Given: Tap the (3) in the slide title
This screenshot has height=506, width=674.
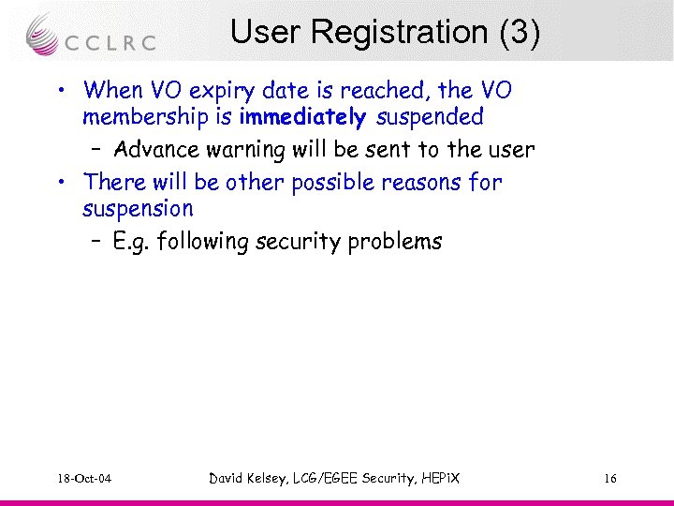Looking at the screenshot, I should click(x=520, y=32).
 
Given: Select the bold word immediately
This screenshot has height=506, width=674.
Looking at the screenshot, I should click(x=302, y=117).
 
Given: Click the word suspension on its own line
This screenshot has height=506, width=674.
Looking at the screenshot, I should click(x=138, y=208).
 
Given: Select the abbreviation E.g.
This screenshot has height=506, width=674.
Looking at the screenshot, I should click(x=131, y=243).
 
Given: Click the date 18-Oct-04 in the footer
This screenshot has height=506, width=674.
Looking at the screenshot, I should click(x=83, y=480).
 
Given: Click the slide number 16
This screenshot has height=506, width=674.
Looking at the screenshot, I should click(x=609, y=480).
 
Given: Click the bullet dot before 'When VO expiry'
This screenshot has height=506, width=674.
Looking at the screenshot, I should click(x=59, y=92).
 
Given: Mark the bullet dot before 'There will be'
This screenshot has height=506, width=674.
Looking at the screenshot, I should click(x=59, y=182).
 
